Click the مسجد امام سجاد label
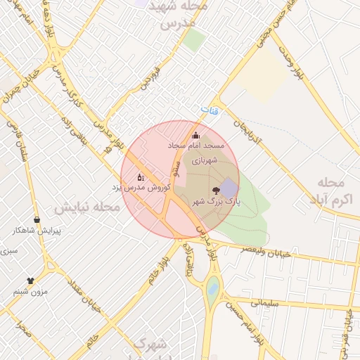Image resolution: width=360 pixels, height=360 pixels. coord(196,145)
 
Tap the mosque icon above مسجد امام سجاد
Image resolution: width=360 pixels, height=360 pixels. coord(196,135)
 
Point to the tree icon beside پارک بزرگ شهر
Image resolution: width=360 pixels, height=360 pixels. coord(215,190)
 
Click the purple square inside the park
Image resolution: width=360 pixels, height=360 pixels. coord(229,188)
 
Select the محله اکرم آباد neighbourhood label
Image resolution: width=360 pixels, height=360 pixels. coord(330,190)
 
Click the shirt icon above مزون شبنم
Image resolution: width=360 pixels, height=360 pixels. coord(30,281)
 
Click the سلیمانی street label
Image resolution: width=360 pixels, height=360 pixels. coord(264,302)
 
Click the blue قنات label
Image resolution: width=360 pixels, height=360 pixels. coord(206,110)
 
